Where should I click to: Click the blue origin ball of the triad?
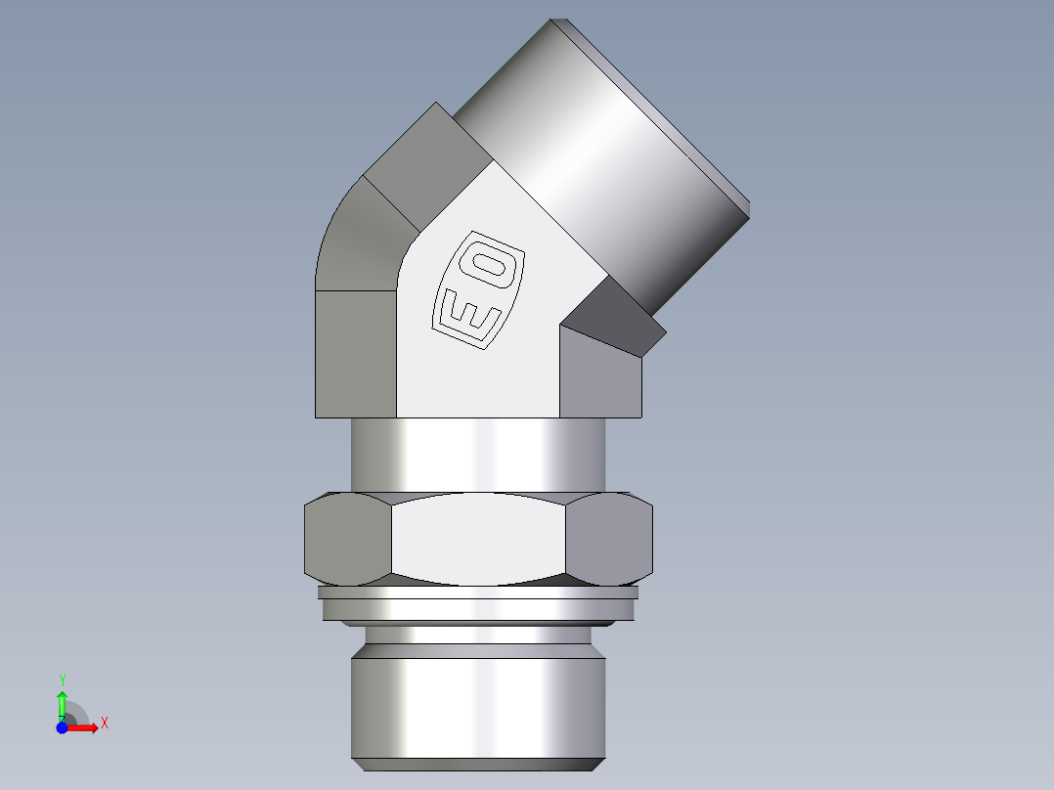[x=62, y=727]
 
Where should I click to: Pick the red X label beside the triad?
[x=104, y=724]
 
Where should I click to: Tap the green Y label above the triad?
[x=62, y=680]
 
